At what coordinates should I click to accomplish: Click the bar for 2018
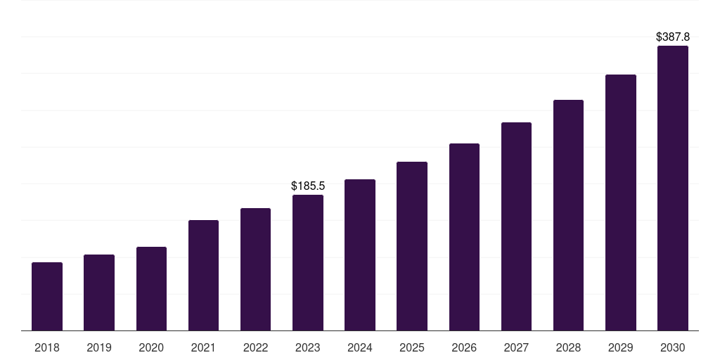point(47,297)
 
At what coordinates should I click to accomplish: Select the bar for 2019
point(99,292)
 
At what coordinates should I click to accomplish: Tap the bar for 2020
point(152,289)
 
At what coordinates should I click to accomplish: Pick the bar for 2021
point(203,276)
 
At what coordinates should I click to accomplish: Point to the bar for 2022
point(255,269)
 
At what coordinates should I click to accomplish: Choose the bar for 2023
point(308,263)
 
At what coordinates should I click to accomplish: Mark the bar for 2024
point(360,255)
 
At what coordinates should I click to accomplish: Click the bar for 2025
point(412,246)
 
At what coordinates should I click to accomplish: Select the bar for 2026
point(464,237)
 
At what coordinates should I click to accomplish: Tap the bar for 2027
point(516,226)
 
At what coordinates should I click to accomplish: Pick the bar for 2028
point(568,215)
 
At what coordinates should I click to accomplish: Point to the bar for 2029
point(621,202)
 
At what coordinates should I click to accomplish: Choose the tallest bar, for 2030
point(673,188)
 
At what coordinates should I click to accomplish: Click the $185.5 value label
point(308,186)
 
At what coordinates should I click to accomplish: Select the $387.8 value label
point(673,37)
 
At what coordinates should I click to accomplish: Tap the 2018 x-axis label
point(47,347)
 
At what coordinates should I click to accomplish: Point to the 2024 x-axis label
point(360,347)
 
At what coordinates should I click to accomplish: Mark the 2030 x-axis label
point(673,347)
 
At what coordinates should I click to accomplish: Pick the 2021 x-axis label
point(203,347)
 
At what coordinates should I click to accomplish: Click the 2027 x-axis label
point(516,347)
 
